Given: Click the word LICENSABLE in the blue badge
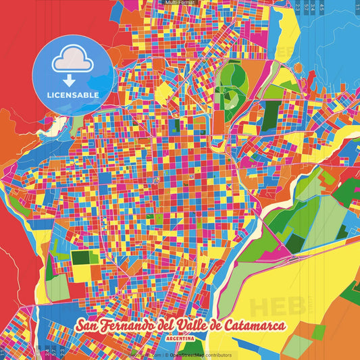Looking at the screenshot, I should [x=73, y=95].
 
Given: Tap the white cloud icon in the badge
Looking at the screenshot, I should [x=73, y=61].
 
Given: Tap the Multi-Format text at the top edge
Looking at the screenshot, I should [x=180, y=3].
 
